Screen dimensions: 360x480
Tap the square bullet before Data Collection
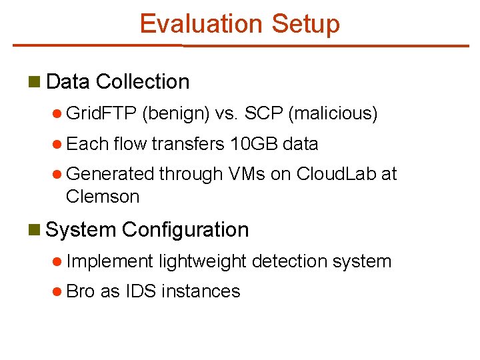point(35,82)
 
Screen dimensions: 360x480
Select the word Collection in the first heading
point(143,82)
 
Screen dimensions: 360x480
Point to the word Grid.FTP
point(102,114)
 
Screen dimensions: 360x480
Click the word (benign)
point(176,114)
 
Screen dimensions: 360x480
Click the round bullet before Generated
point(58,175)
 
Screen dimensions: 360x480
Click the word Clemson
point(103,197)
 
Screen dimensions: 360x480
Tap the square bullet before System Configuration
point(35,230)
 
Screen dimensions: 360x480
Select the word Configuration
point(185,230)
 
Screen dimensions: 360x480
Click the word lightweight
point(203,261)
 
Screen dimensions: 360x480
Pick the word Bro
point(81,291)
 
